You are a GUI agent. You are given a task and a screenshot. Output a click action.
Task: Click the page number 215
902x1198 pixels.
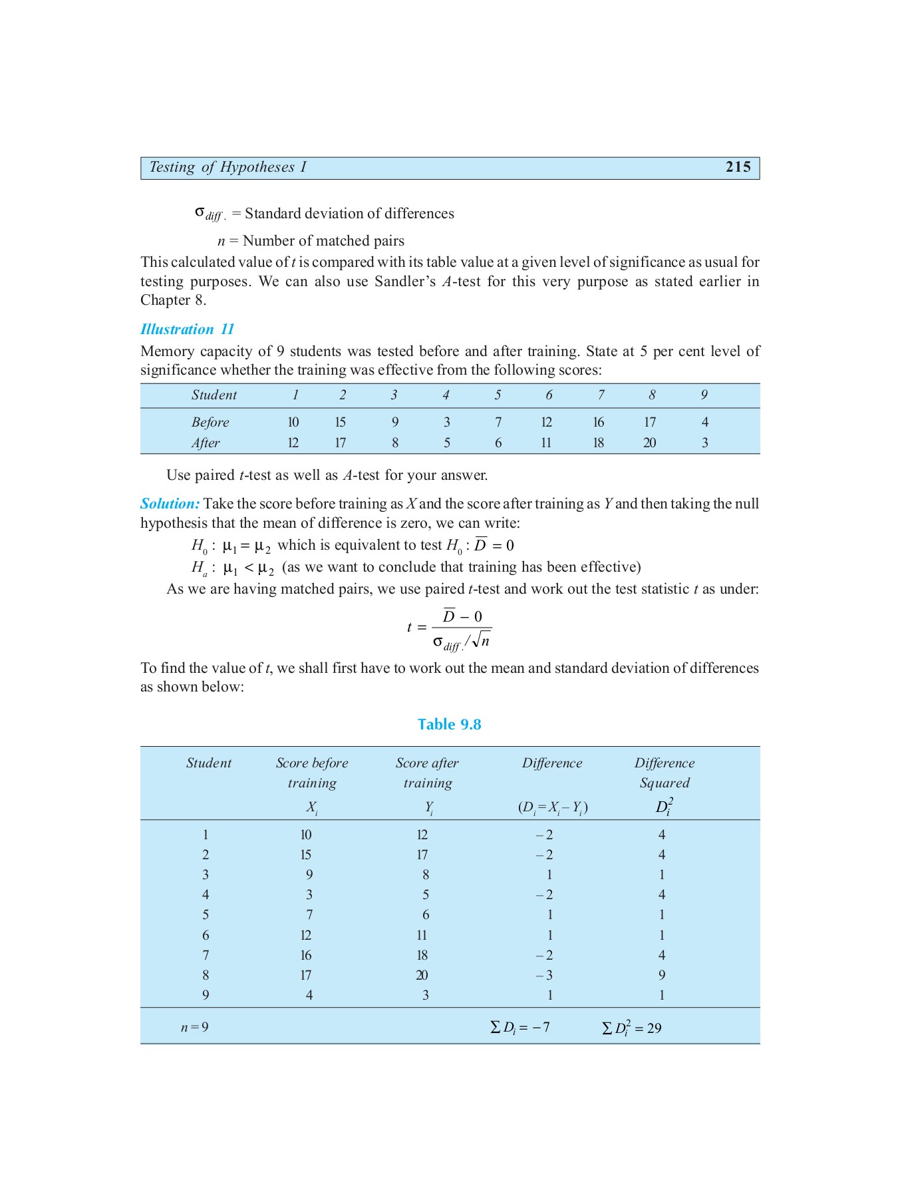[738, 167]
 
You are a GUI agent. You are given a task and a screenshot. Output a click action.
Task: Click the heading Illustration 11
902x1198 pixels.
[187, 329]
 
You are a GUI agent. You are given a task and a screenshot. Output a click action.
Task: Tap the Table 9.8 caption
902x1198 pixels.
[449, 724]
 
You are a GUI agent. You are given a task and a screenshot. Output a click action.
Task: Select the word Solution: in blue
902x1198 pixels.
[170, 504]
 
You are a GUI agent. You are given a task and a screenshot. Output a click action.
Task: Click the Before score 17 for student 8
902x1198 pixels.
[650, 422]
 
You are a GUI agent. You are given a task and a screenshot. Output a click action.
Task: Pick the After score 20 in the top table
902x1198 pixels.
[650, 443]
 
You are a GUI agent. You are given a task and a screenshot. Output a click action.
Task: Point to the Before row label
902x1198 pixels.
[210, 422]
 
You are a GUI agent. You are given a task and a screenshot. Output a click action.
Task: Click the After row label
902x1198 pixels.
[206, 443]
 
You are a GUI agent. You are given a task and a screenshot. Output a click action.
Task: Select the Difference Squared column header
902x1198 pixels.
[664, 773]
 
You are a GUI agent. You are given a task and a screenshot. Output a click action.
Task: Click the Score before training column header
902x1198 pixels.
[312, 773]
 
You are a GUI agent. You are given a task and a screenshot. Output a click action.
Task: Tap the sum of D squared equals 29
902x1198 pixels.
[632, 1028]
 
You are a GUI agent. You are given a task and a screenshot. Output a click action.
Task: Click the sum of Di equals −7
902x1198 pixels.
[520, 1027]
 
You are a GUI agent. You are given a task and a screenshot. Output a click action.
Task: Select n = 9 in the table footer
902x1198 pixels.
[194, 1027]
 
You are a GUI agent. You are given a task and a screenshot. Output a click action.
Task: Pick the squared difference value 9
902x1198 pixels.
[662, 975]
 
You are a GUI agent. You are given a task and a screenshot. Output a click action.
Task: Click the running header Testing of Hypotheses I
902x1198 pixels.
[227, 167]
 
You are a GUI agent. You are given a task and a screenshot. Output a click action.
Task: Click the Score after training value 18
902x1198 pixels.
[422, 955]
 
